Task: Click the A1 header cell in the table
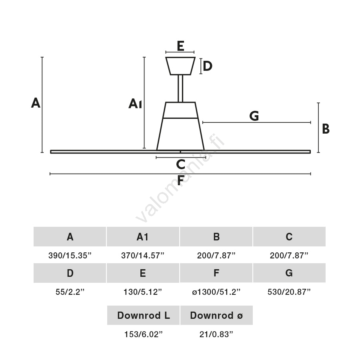(143, 237)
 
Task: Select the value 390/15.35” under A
(70, 256)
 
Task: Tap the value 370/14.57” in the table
(143, 256)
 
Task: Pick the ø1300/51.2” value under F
(216, 292)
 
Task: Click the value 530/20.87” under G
(289, 292)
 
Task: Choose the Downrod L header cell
(143, 316)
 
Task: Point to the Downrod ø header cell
(216, 316)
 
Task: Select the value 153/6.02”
(143, 334)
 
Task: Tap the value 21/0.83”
(216, 334)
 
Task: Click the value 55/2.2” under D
(70, 292)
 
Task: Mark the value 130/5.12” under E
(143, 292)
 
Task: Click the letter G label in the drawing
(254, 116)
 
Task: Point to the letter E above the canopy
(180, 46)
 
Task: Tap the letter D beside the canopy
(207, 66)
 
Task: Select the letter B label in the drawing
(326, 129)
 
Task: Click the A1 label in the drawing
(135, 104)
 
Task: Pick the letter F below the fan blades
(180, 181)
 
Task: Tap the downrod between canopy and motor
(180, 88)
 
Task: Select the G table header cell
(289, 273)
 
